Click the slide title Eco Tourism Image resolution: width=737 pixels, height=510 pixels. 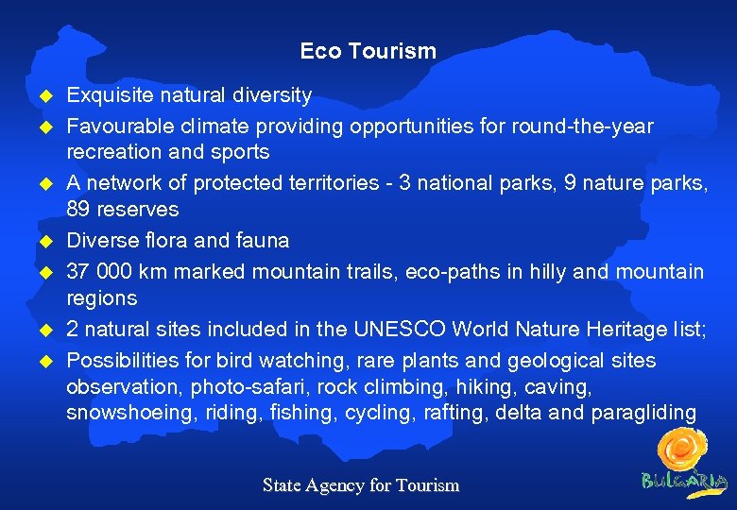coord(368,51)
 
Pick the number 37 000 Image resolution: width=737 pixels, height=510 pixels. coord(99,272)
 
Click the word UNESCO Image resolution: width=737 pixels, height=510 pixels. coord(400,330)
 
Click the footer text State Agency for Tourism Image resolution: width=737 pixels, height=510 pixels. coord(360,485)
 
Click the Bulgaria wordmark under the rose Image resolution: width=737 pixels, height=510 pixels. coord(685,479)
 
